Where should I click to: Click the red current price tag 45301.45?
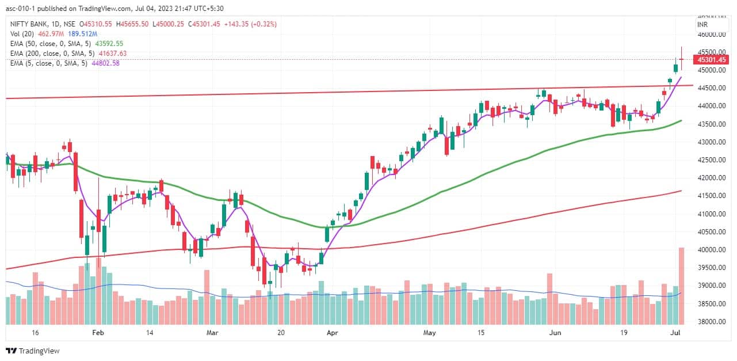click(711, 59)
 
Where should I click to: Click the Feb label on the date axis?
click(98, 333)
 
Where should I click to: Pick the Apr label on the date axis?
click(331, 333)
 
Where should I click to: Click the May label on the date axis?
click(430, 333)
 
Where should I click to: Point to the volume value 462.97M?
click(50, 34)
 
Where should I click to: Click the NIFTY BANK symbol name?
click(28, 24)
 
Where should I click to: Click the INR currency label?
click(702, 25)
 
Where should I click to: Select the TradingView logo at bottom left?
click(33, 351)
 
